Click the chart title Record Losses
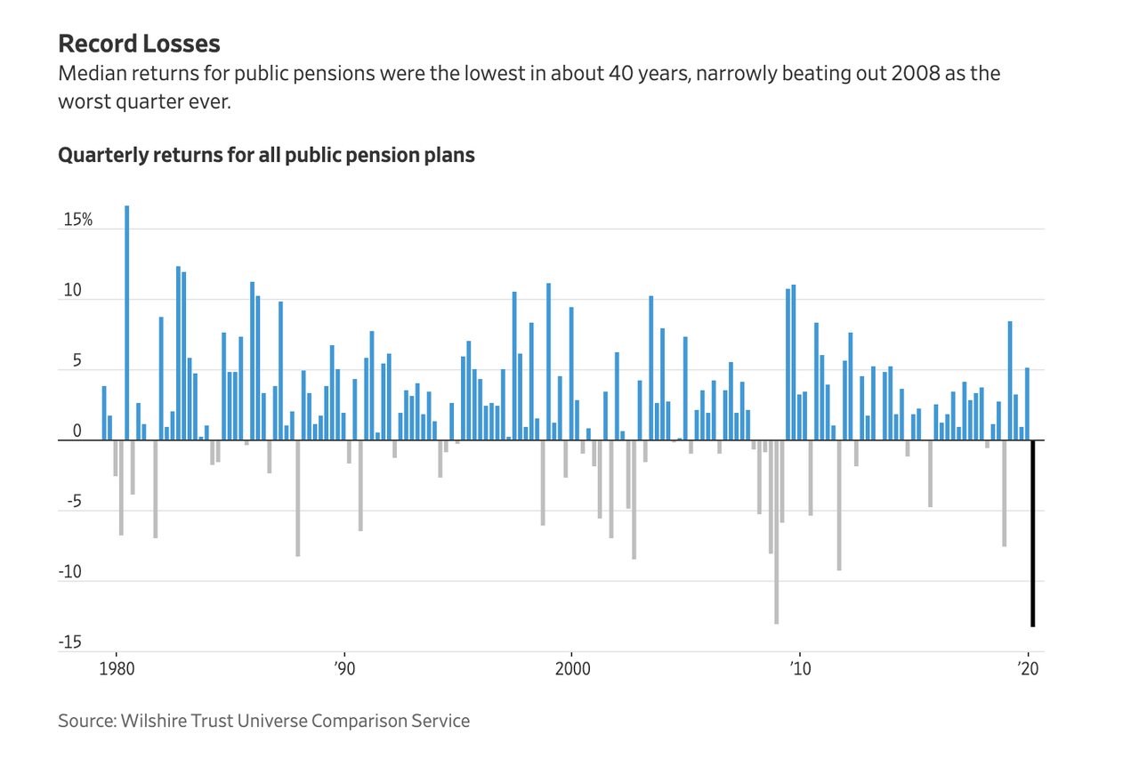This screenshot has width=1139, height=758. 139,44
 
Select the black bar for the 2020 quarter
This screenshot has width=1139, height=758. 1033,534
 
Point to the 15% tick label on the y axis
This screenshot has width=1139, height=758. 77,220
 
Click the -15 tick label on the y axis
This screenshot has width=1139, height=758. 70,642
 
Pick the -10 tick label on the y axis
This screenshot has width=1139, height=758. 70,572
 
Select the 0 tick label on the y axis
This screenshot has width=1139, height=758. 77,431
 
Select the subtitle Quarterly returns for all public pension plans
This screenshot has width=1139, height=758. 266,155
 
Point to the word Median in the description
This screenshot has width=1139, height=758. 90,73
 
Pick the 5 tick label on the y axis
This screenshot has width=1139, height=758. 77,361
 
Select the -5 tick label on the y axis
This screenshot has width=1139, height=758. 74,502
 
